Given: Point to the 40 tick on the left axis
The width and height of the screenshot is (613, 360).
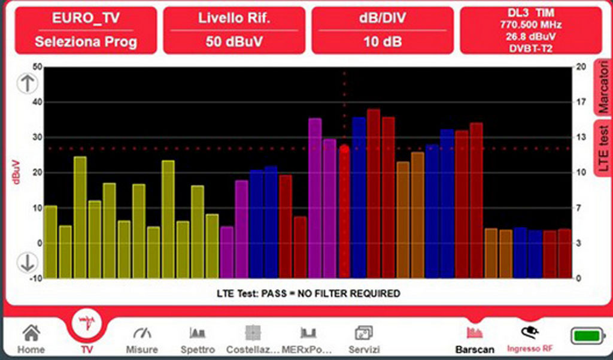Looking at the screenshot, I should coord(37,102).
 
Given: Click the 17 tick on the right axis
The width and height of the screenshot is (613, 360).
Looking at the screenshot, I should coord(579,102).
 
